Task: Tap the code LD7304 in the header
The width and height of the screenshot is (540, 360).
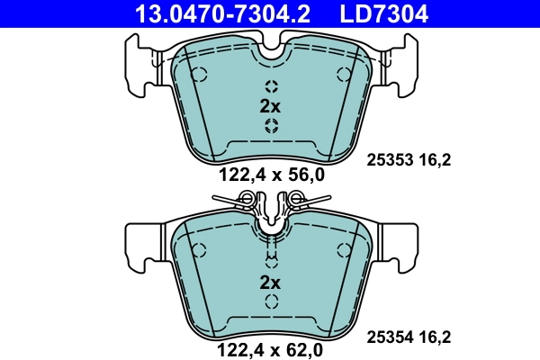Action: pos(382,13)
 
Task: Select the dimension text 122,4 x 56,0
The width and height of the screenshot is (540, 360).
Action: pos(270,176)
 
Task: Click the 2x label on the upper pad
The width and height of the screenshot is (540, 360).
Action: pos(270,106)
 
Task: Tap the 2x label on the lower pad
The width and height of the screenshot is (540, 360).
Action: pos(270,283)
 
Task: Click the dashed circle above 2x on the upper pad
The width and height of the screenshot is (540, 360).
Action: pos(270,86)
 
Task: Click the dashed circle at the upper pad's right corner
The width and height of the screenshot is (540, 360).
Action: pos(340,74)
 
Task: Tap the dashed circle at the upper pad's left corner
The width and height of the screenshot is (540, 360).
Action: pos(200,74)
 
